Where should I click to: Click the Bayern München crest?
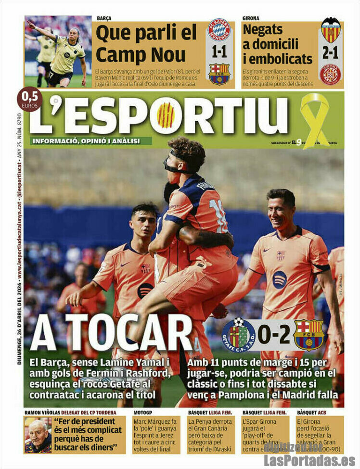(219, 30)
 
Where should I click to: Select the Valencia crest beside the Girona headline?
(331, 30)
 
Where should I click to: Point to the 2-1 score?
(331, 52)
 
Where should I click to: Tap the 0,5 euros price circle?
(29, 99)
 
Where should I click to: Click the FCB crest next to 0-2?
(309, 335)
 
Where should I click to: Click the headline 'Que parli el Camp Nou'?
(146, 42)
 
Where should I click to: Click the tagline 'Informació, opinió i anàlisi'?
(86, 141)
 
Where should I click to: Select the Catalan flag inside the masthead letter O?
(166, 115)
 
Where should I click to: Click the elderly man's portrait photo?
(38, 435)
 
